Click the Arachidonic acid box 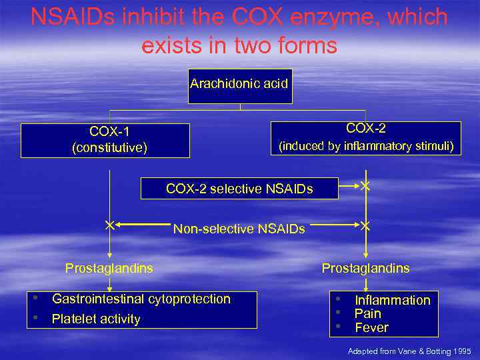point(239,85)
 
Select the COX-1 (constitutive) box point(105,140)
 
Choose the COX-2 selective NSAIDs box point(239,189)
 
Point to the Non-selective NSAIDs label point(239,229)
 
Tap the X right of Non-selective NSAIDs point(365,227)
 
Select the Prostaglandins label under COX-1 point(109,269)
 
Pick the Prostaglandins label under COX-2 point(365,269)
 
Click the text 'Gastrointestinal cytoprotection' point(141,299)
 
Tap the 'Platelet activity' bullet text point(96,319)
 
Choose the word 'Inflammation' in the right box point(393,301)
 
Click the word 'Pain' point(368,314)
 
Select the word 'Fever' point(371,327)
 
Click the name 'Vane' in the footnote point(406,351)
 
